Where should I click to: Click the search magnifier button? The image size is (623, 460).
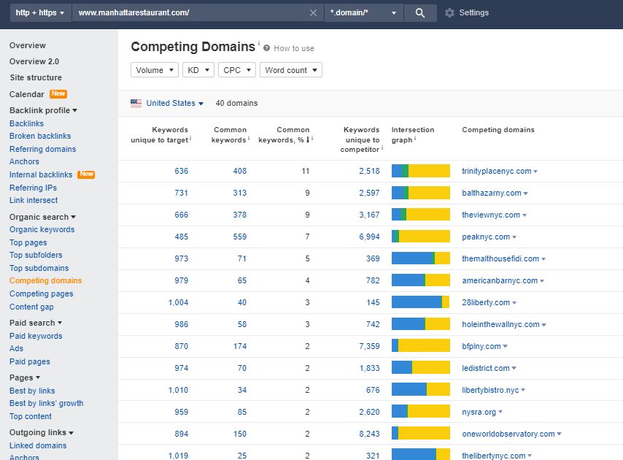419,13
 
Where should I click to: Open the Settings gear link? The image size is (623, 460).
467,13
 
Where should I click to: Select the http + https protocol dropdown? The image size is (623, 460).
40,13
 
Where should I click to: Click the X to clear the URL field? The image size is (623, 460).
314,13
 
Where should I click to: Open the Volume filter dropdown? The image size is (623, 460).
155,70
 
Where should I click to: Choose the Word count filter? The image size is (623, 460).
290,70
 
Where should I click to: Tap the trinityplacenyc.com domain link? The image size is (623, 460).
496,172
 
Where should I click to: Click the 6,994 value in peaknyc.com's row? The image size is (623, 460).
369,237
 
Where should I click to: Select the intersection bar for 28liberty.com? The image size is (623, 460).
420,302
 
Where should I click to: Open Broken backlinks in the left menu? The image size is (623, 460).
40,136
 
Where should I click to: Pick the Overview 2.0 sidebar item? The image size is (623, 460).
34,61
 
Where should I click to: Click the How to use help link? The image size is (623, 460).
293,48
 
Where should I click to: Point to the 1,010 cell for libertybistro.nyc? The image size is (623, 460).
178,390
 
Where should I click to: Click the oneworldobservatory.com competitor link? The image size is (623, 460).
508,434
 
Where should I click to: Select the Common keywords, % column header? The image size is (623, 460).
284,134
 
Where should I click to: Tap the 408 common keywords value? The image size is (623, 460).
239,172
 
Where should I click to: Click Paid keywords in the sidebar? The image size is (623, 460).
36,336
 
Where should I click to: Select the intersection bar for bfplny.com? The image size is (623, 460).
420,346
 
